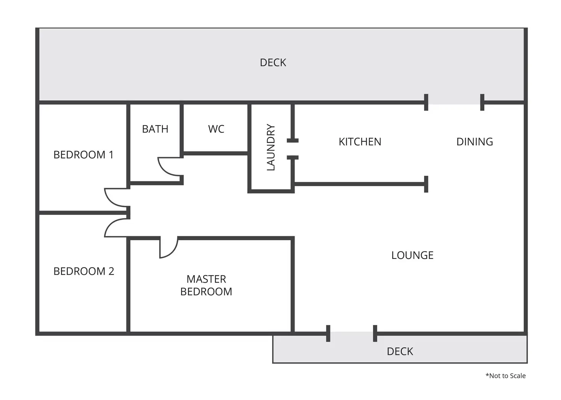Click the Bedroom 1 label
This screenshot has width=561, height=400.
[x=83, y=155]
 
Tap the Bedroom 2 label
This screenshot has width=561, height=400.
[x=84, y=271]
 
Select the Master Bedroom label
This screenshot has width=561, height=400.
[x=206, y=285]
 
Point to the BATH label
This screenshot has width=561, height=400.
[x=155, y=129]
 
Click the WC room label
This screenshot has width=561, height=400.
[x=216, y=129]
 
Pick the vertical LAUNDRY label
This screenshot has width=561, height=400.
[x=271, y=147]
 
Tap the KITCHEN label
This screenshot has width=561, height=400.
[x=360, y=142]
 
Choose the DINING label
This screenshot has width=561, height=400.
[x=474, y=142]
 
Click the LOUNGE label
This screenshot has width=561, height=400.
[x=412, y=255]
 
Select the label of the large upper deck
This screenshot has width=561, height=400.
[x=273, y=63]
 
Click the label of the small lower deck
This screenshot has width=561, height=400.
[x=400, y=351]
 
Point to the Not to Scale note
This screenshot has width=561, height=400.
[x=505, y=376]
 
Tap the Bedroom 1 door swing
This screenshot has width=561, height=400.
[x=114, y=198]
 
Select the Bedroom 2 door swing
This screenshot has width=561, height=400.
[x=114, y=228]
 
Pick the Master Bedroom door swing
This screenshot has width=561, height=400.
[x=169, y=248]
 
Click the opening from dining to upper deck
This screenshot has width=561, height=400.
[x=454, y=102]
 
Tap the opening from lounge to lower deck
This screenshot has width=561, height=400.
[x=351, y=334]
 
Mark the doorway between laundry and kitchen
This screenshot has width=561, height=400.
[x=293, y=149]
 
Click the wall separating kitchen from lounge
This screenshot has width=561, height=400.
[x=360, y=184]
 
